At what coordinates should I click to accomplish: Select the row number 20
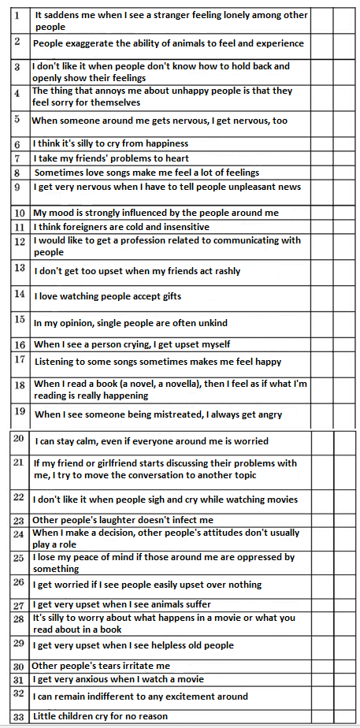pyautogui.click(x=19, y=438)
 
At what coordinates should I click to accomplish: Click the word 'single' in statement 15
pyautogui.click(x=118, y=322)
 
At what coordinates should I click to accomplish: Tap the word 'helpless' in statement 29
pyautogui.click(x=161, y=645)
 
